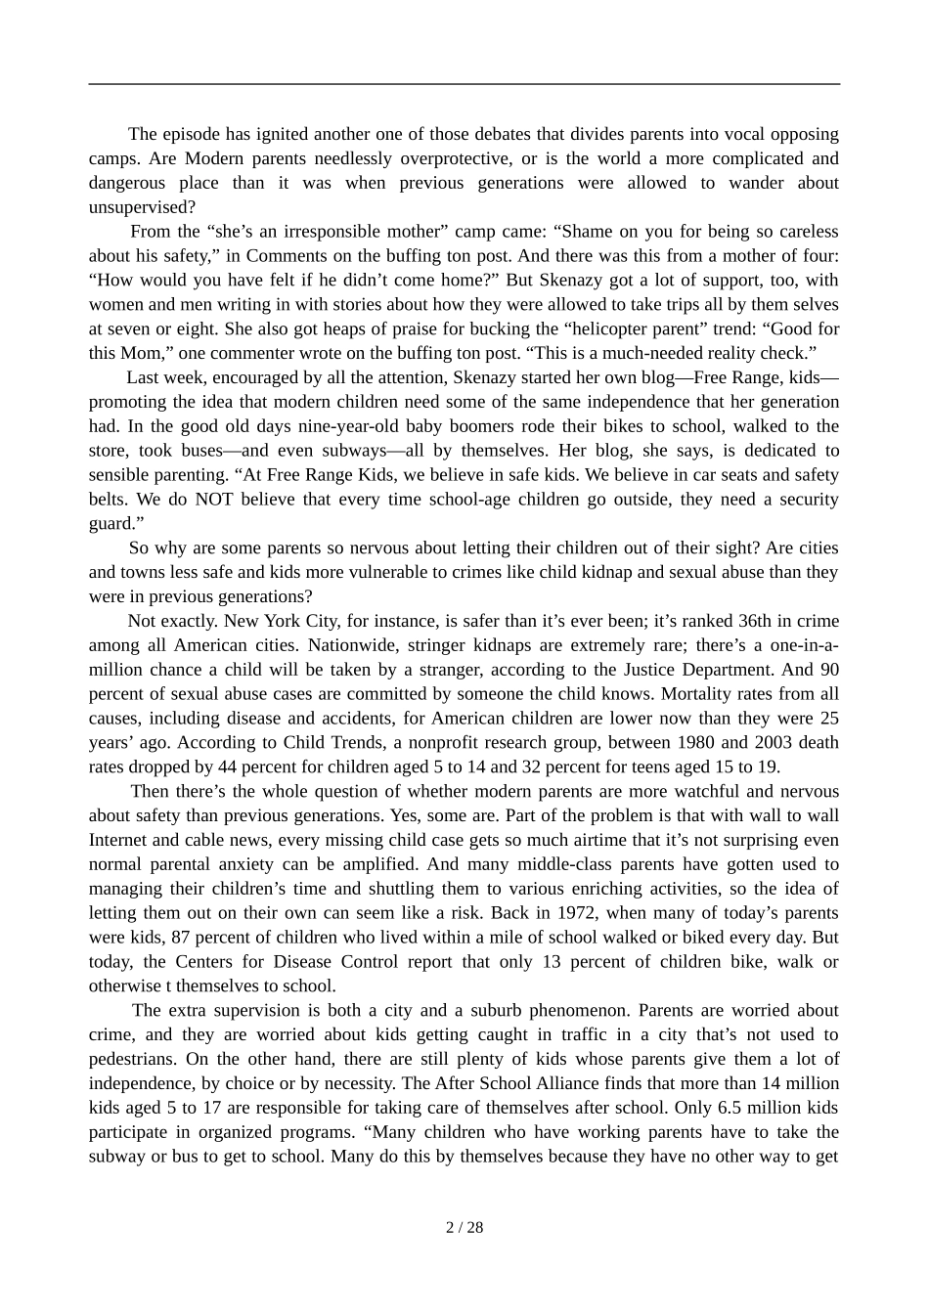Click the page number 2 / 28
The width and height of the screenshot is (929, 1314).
click(464, 1228)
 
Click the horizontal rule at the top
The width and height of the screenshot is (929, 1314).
click(464, 84)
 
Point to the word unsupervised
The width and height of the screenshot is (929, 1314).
click(142, 207)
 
